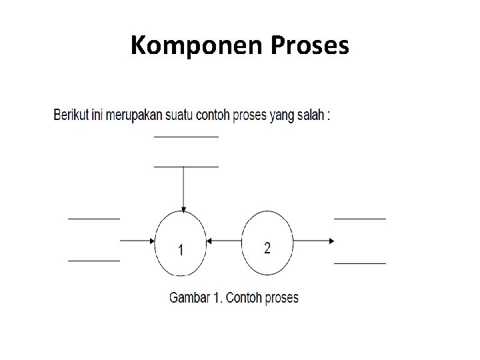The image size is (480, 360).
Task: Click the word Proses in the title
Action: (311, 45)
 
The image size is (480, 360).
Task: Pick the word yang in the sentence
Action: (283, 115)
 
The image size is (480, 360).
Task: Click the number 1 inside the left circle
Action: (181, 250)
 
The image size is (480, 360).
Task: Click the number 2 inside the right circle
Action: (267, 248)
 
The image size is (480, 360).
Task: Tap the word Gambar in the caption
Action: (189, 297)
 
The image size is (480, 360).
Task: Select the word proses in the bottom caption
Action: (282, 298)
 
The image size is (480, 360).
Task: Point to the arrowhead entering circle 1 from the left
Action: (151, 241)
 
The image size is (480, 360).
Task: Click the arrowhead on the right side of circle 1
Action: (209, 241)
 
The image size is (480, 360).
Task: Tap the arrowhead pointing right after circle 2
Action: (329, 241)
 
